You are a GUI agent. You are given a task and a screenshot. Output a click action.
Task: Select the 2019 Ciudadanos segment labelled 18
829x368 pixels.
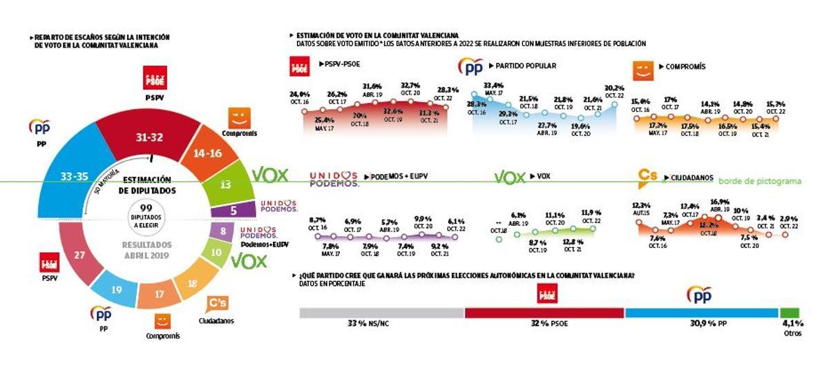pyautogui.click(x=193, y=282)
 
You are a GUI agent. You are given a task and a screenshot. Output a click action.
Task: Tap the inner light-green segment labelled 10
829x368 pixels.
pyautogui.click(x=217, y=253)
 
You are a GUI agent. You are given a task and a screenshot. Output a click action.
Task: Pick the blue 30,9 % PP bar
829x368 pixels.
pyautogui.click(x=702, y=313)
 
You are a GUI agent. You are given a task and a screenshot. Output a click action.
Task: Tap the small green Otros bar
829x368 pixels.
pyautogui.click(x=789, y=313)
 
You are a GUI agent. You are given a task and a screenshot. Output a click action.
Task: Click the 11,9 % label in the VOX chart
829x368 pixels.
pyautogui.click(x=592, y=213)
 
